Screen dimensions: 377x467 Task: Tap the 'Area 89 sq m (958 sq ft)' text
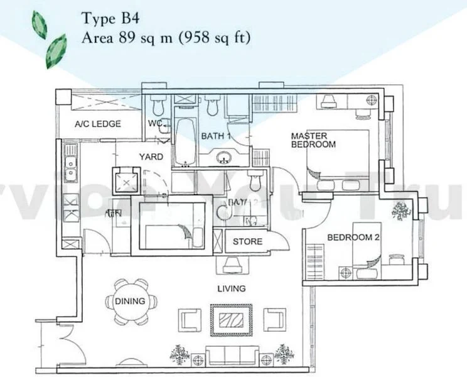(166, 38)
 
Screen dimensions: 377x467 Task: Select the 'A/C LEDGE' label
(97, 124)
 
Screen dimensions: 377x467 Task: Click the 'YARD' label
(151, 157)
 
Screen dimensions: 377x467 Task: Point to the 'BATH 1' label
(217, 136)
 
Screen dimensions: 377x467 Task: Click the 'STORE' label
(247, 242)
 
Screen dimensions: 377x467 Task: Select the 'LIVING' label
(232, 288)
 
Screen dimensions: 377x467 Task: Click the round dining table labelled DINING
(130, 302)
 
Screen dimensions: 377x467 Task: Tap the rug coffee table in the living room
(230, 319)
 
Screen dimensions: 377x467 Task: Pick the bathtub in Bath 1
(185, 141)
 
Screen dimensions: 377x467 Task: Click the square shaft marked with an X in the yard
(128, 182)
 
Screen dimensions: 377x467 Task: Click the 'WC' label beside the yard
(154, 123)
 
